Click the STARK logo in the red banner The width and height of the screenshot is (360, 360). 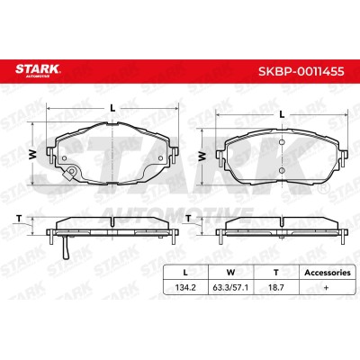pyautogui.click(x=38, y=70)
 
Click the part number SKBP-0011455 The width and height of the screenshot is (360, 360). pyautogui.click(x=301, y=71)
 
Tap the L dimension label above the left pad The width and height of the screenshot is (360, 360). pyautogui.click(x=112, y=108)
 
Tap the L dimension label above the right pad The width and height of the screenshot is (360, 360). pyautogui.click(x=282, y=114)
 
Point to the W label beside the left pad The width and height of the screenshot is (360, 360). pyautogui.click(x=33, y=154)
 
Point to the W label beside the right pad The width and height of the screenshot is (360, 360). pyautogui.click(x=202, y=156)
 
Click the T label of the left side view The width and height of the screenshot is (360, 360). pyautogui.click(x=20, y=219)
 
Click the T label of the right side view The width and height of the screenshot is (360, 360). pyautogui.click(x=188, y=219)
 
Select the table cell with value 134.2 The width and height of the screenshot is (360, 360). pyautogui.click(x=185, y=287)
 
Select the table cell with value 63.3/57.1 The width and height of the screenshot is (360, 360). pyautogui.click(x=230, y=287)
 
